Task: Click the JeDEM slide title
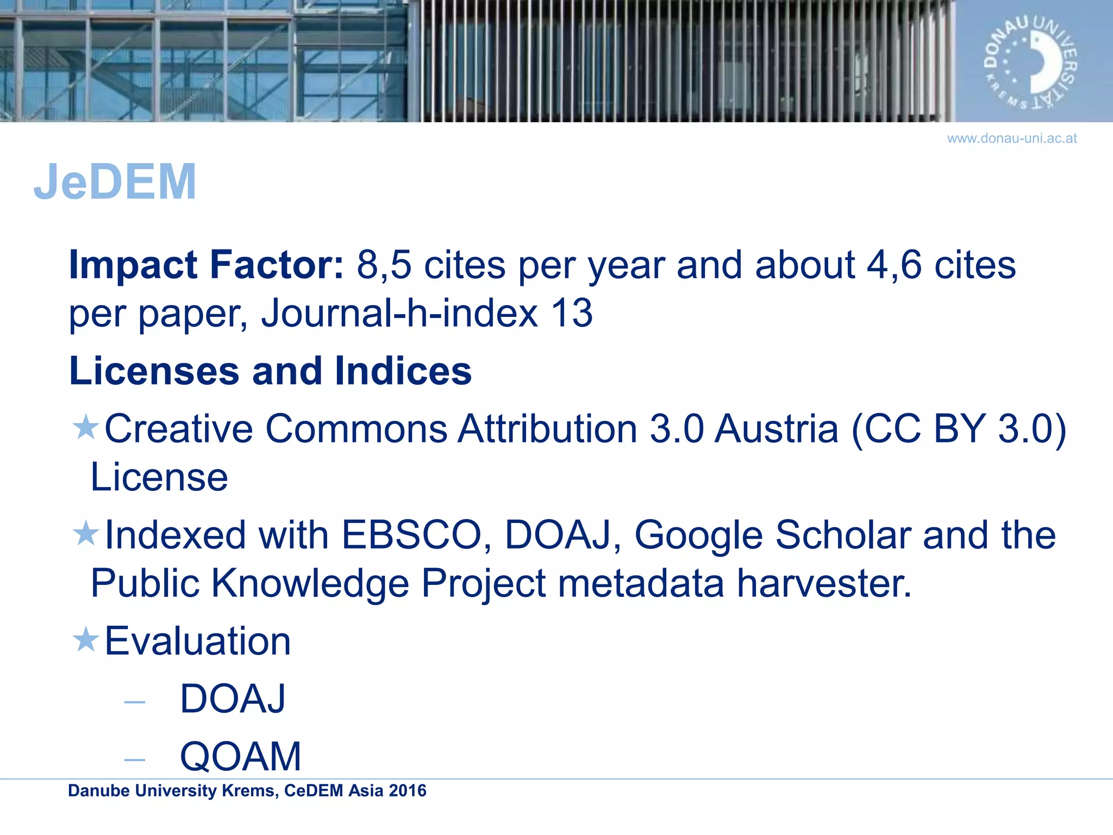115,182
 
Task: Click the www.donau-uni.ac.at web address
1011,138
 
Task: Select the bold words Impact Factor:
206,265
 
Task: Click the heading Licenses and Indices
270,371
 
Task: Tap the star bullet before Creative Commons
85,427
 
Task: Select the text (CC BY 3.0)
958,429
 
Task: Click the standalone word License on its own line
159,477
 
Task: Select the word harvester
824,583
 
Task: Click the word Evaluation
197,641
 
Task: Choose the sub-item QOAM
240,756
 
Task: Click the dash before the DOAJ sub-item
134,702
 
